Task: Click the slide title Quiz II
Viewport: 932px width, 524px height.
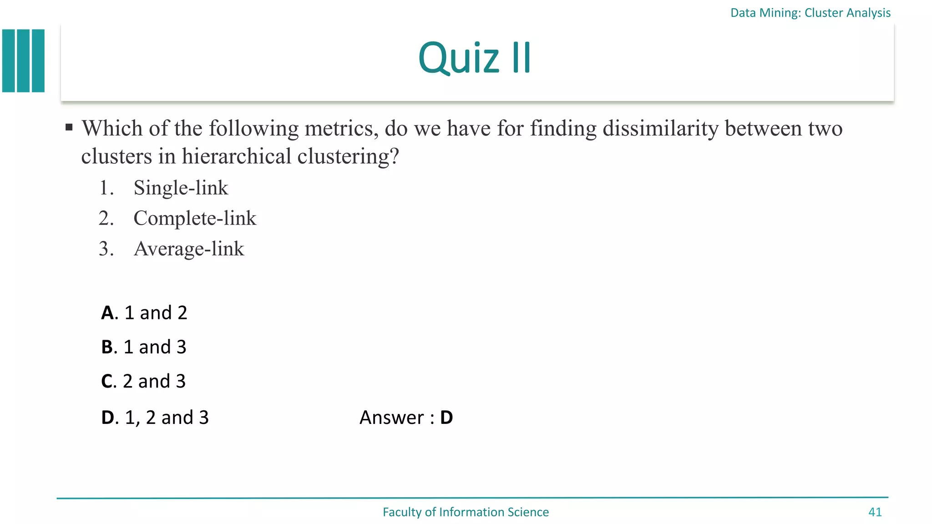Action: [474, 58]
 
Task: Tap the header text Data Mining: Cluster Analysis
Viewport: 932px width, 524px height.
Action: [810, 13]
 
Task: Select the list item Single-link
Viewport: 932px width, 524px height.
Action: [181, 188]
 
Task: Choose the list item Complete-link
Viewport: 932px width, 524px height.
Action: [195, 218]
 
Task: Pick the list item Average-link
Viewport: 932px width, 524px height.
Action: [189, 249]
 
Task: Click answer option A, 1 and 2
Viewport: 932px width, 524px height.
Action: [144, 313]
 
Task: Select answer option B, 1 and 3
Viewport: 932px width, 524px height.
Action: [143, 347]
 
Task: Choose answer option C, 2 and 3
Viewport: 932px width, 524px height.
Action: [143, 381]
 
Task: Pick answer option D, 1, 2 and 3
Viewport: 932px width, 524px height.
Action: [155, 418]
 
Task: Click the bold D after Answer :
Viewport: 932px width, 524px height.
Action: [446, 418]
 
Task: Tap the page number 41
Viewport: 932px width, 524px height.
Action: [875, 512]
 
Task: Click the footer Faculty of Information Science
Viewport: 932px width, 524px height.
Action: [466, 512]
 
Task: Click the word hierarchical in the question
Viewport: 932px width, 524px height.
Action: [236, 156]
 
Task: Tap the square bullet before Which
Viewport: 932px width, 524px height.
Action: [69, 127]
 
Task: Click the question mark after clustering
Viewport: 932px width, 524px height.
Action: [395, 156]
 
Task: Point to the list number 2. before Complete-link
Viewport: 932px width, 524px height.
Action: [106, 218]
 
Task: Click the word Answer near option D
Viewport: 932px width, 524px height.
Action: [391, 418]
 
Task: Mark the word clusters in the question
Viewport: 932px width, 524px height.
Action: [116, 156]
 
